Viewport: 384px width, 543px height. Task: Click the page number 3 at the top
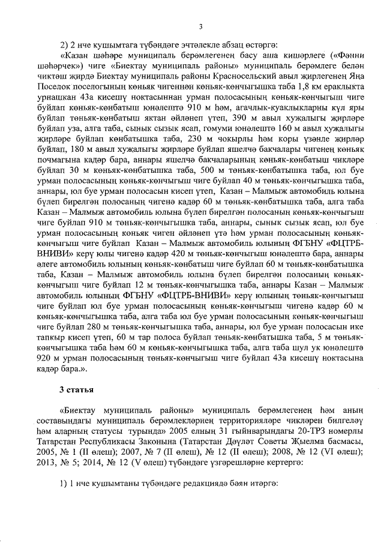point(201,26)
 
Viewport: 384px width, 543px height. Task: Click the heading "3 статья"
point(76,389)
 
